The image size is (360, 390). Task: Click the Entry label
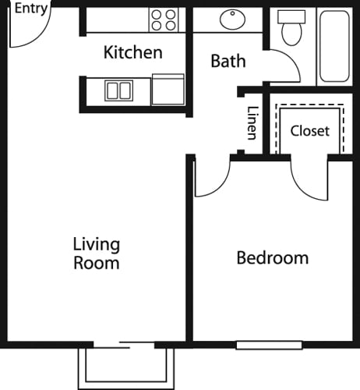(x=31, y=9)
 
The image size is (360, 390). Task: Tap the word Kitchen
(x=133, y=52)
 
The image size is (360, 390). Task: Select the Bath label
(x=228, y=61)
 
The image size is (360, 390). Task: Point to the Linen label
(x=252, y=123)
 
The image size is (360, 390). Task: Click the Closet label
(x=310, y=131)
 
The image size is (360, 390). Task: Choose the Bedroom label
(x=273, y=258)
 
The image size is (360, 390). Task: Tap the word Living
(x=97, y=244)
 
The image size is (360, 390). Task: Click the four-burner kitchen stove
(x=164, y=19)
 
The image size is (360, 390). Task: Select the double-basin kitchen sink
(x=119, y=90)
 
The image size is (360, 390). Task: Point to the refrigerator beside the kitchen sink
(x=168, y=90)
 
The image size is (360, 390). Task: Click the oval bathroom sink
(x=232, y=19)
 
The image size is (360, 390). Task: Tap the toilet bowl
(x=291, y=34)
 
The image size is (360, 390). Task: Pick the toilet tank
(x=291, y=17)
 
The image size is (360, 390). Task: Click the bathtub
(x=334, y=46)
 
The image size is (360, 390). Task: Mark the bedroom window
(x=269, y=345)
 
